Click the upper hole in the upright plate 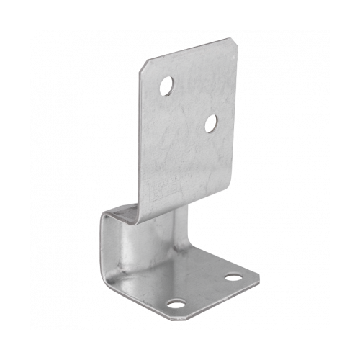166,86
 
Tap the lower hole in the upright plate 211,123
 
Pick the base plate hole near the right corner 233,276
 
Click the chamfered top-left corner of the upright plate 143,64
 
